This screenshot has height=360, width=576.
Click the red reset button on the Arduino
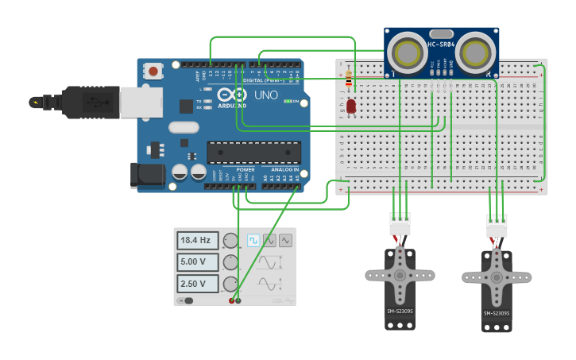coord(153,72)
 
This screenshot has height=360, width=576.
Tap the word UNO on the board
coord(265,95)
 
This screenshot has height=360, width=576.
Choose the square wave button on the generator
coord(253,240)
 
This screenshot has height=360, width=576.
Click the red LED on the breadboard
coord(351,106)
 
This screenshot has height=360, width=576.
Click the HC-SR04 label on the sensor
coord(441,45)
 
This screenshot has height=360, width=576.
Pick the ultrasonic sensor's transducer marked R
coord(475,52)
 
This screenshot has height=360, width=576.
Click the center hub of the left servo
coord(400,275)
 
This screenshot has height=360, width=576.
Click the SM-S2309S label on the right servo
coord(496,313)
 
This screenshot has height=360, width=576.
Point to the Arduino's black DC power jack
coord(147,176)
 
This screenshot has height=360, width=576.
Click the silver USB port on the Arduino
coord(141,102)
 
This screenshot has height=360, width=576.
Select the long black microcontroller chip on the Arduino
coord(253,153)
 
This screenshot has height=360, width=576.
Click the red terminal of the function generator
coord(232,300)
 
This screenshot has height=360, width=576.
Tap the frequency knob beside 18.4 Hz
coord(230,240)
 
